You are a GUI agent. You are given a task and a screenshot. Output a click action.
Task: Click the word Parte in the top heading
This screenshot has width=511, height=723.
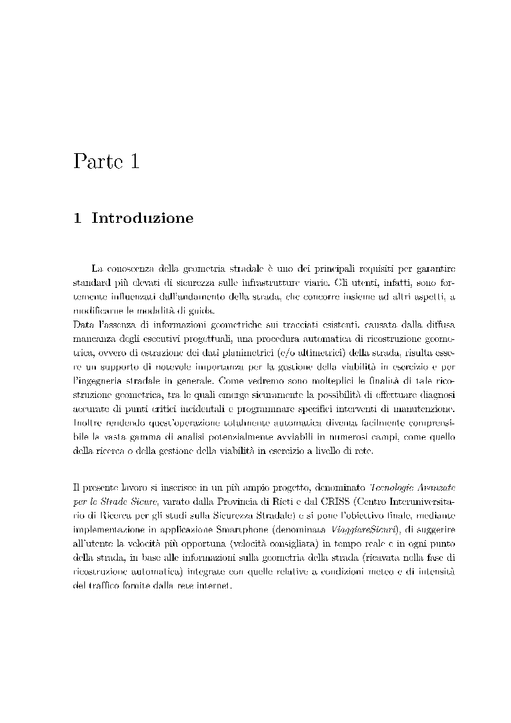(x=97, y=160)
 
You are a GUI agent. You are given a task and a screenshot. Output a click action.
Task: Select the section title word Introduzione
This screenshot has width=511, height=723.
(x=142, y=218)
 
